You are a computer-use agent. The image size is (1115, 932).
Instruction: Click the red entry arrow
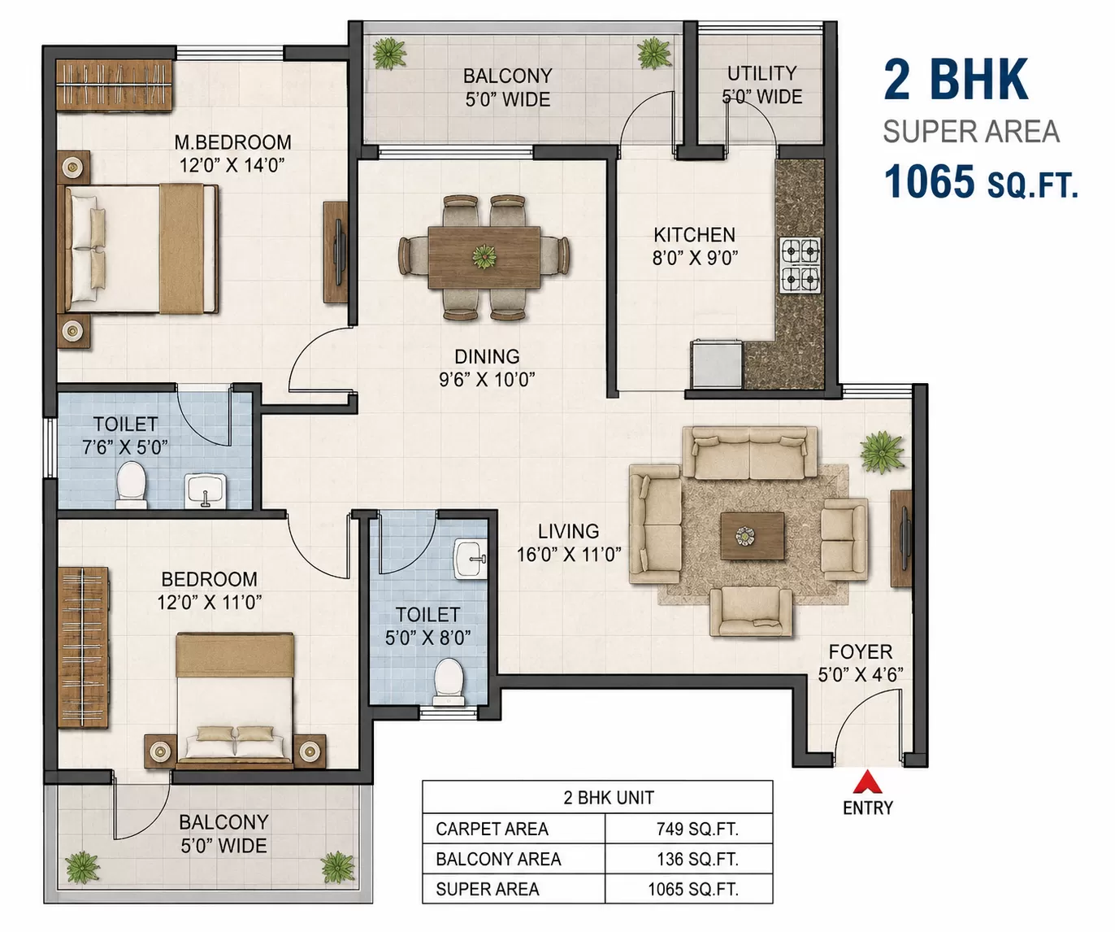[867, 782]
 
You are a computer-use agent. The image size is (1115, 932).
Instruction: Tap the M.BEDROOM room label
[232, 142]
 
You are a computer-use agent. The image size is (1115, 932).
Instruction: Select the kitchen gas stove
[800, 265]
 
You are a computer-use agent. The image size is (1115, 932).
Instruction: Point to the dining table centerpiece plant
[484, 256]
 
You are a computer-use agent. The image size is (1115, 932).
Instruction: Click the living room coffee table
[753, 536]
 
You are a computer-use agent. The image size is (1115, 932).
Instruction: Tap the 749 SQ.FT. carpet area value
[697, 829]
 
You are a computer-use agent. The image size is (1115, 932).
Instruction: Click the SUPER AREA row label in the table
[487, 889]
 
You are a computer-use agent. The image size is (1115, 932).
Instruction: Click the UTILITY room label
[762, 73]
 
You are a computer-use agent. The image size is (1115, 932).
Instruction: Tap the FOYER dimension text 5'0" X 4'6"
[861, 674]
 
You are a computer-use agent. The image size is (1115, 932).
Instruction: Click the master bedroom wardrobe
[115, 85]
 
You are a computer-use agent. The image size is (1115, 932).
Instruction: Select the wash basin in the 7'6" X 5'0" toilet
[206, 490]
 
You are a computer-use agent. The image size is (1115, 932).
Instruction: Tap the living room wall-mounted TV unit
[901, 538]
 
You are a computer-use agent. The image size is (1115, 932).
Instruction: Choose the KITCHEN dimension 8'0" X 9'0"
[695, 258]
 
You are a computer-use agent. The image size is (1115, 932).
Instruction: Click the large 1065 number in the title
[929, 181]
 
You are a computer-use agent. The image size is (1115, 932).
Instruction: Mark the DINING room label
[487, 356]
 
